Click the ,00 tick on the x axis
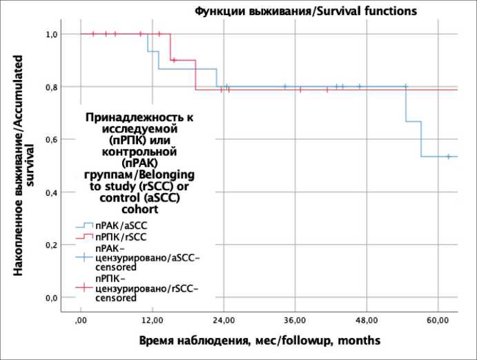[x=81, y=321]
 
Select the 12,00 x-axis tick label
[x=153, y=321]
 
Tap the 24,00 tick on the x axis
[x=224, y=321]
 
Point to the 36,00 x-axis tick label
[x=295, y=321]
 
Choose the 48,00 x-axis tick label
[x=367, y=321]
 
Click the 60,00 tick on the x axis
[x=438, y=321]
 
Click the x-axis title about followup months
[x=260, y=341]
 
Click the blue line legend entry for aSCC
[x=85, y=225]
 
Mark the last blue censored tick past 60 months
[x=448, y=157]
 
